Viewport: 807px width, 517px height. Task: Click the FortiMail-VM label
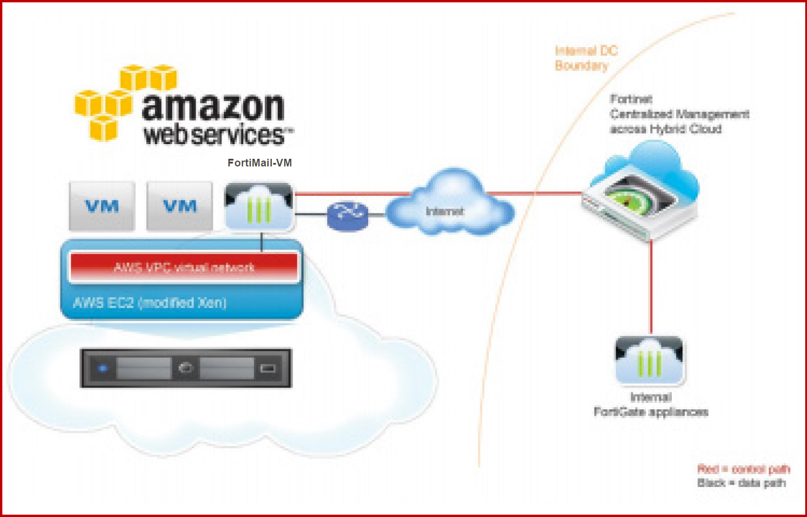[x=259, y=163]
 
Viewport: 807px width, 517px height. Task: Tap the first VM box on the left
[x=102, y=206]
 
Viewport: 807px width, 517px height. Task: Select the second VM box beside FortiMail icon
[x=180, y=206]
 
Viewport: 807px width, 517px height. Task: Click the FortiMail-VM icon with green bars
[x=259, y=206]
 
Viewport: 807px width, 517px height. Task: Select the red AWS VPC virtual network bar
[x=184, y=267]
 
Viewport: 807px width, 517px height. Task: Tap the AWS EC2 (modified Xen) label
[x=150, y=303]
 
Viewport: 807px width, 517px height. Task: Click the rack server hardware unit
[x=186, y=369]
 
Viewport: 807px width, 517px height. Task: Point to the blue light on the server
[x=103, y=369]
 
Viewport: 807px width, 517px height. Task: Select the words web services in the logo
[x=215, y=135]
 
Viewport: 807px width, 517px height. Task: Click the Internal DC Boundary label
[x=586, y=58]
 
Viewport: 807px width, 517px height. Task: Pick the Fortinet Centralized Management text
[x=679, y=114]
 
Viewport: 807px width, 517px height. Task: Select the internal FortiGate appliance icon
[x=650, y=360]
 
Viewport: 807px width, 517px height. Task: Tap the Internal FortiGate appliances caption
[x=651, y=405]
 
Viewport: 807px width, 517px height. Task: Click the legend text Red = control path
[x=744, y=469]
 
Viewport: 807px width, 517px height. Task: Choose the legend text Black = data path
[x=741, y=483]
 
